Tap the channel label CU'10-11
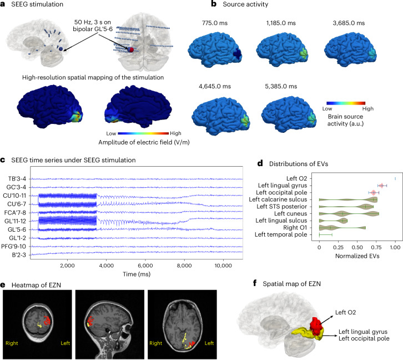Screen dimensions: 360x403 17,196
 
